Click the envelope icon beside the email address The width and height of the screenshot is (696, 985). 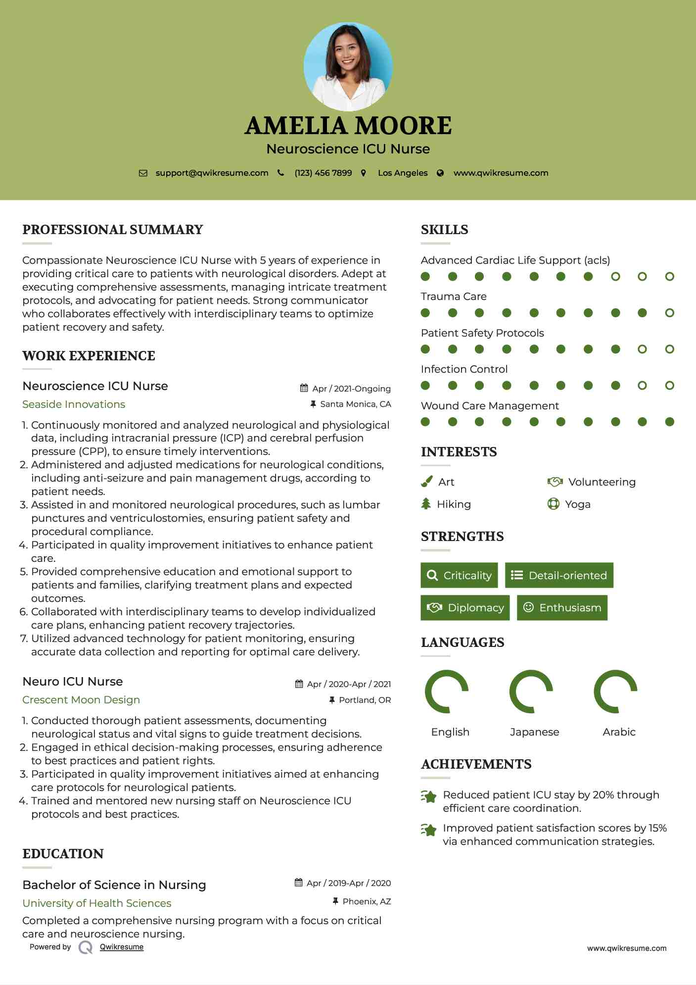coord(143,173)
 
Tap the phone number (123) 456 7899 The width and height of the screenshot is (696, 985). coord(323,173)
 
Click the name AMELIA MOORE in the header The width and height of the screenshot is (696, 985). coord(348,126)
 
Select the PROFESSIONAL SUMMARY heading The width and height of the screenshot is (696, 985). coord(113,230)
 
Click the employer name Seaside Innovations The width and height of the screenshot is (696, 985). coord(74,404)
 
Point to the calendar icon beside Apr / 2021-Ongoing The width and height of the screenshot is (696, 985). coord(304,388)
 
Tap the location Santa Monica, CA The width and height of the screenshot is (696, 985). coord(355,404)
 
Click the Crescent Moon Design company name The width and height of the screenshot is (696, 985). coord(81,700)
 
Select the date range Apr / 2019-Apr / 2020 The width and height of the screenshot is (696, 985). coord(348,883)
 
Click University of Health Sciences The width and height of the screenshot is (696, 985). coord(97,903)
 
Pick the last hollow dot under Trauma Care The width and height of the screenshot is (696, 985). coord(669,313)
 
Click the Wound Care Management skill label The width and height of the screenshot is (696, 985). coord(490,406)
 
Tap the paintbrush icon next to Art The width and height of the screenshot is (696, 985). coord(426,482)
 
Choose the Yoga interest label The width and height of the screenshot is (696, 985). coord(577,504)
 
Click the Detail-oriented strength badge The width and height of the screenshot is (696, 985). coord(559,575)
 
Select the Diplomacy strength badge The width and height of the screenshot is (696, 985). coord(465,608)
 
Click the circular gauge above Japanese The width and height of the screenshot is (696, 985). coord(531,691)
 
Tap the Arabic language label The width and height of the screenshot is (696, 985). coord(619,732)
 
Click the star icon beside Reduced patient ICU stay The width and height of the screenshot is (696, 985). coord(429,797)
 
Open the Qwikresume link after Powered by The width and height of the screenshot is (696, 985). coord(122,947)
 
